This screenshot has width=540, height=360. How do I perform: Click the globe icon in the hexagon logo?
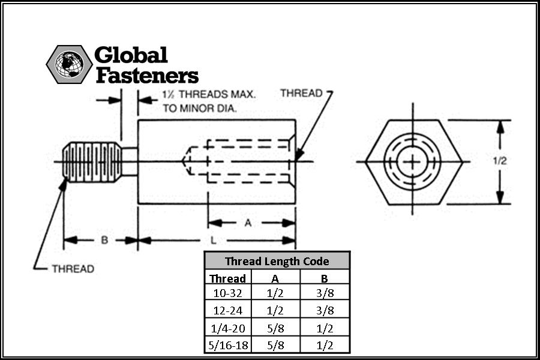(69, 64)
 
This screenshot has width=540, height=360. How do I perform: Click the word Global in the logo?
(131, 55)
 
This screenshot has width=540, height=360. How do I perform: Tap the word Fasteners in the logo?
(147, 75)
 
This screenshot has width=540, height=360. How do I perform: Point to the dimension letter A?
(248, 223)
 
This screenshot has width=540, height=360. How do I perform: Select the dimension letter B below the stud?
(104, 240)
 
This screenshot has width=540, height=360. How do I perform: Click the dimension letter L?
(214, 240)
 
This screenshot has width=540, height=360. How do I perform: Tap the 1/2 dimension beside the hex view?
(500, 161)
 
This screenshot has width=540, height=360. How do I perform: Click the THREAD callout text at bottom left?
(73, 269)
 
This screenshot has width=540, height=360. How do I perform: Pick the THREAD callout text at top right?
(301, 93)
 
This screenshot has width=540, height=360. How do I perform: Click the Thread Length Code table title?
(277, 261)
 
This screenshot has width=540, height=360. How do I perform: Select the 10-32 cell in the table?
(227, 293)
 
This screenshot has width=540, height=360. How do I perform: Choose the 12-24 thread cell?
(227, 310)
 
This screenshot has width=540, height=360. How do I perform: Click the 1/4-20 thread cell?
(227, 328)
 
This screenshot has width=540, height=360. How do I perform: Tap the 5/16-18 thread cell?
(228, 345)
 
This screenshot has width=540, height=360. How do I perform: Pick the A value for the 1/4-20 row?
(275, 328)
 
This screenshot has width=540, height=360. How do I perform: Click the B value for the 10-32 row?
(325, 293)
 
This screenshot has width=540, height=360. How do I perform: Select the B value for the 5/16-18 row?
(325, 345)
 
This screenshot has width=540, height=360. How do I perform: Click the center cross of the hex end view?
(412, 161)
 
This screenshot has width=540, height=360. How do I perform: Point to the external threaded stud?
(92, 161)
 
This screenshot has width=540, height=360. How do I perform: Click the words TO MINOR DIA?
(200, 108)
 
